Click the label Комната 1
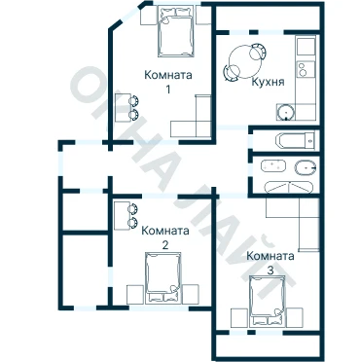(168, 82)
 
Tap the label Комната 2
(165, 237)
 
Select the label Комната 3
(270, 263)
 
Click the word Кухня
(268, 82)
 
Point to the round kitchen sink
(286, 112)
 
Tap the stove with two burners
(306, 69)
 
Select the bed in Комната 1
(175, 31)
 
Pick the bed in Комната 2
(162, 278)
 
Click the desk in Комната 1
(123, 108)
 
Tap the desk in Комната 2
(122, 215)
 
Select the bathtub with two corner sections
(289, 188)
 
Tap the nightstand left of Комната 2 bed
(135, 294)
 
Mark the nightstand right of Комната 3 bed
(295, 317)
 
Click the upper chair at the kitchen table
(259, 51)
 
